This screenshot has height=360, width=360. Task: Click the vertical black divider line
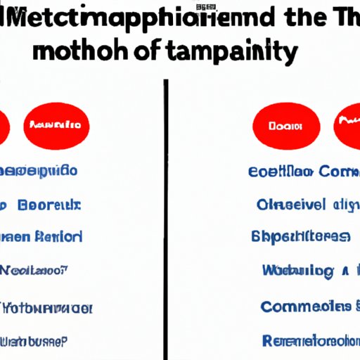tap(166, 211)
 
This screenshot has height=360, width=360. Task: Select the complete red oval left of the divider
tap(56, 126)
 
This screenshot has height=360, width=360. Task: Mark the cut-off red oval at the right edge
tap(347, 127)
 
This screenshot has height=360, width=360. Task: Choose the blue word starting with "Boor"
tap(49, 205)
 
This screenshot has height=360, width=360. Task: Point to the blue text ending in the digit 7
tap(35, 269)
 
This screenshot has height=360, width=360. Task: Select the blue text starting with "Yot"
tap(46, 308)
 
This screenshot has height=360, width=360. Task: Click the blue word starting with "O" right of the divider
tap(291, 205)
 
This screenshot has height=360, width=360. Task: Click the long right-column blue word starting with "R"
tap(309, 342)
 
